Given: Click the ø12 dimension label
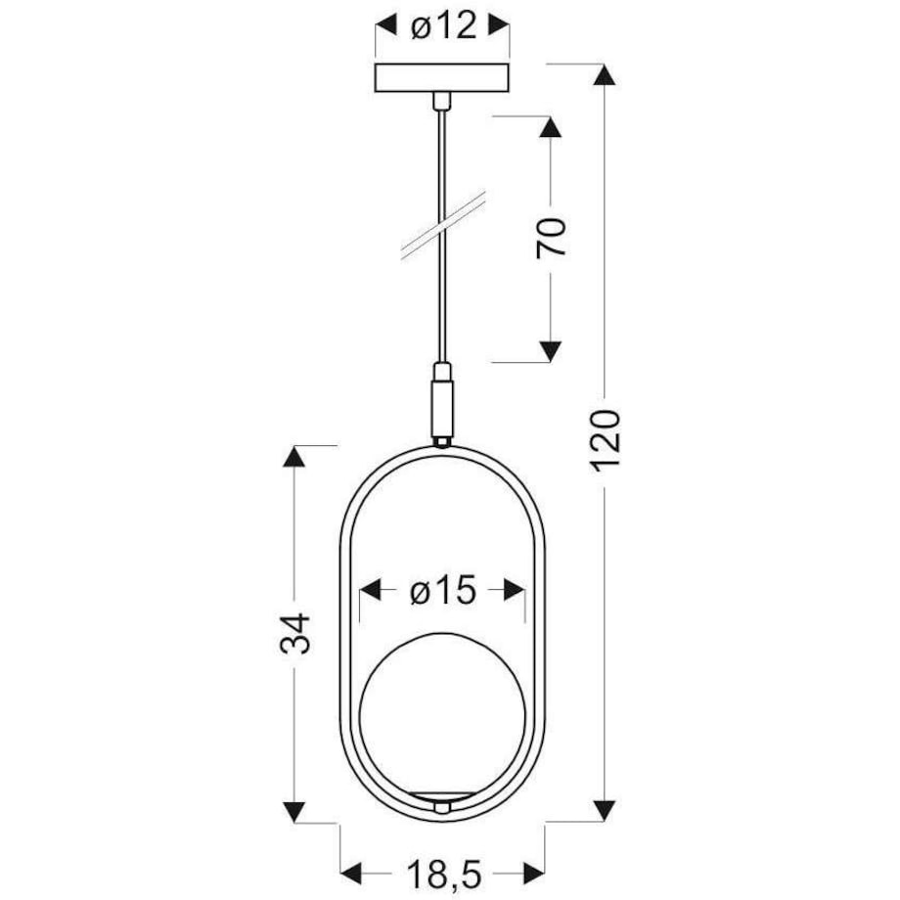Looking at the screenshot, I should pyautogui.click(x=443, y=26).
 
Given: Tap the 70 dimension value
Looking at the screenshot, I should pyautogui.click(x=552, y=238).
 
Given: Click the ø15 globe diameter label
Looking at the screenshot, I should pyautogui.click(x=442, y=591).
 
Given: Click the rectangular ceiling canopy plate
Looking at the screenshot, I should pyautogui.click(x=442, y=79).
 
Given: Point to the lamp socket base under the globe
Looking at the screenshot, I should pyautogui.click(x=442, y=804).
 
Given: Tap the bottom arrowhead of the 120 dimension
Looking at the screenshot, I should pyautogui.click(x=606, y=810).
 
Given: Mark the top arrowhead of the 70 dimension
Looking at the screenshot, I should pyautogui.click(x=551, y=130).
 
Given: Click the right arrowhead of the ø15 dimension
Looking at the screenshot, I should pyautogui.click(x=513, y=591).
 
